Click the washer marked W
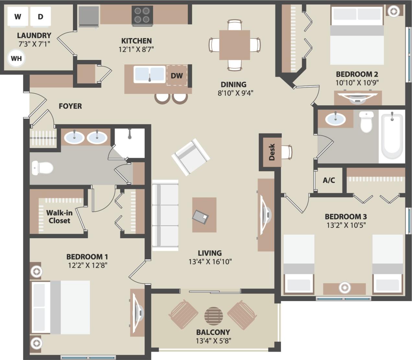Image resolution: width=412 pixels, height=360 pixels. pyautogui.click(x=18, y=17)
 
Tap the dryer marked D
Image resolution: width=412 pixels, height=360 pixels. pyautogui.click(x=41, y=17)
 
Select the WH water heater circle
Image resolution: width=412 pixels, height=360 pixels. pyautogui.click(x=16, y=58)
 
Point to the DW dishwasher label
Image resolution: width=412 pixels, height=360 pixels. pyautogui.click(x=177, y=76)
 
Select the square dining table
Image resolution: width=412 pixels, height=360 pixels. pyautogui.click(x=234, y=45)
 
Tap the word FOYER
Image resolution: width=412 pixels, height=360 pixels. pyautogui.click(x=70, y=106)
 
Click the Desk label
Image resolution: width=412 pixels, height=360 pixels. pyautogui.click(x=272, y=152)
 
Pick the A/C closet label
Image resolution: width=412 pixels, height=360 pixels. pyautogui.click(x=329, y=180)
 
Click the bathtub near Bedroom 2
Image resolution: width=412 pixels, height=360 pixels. pyautogui.click(x=392, y=136)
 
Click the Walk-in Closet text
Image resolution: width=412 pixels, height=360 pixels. pyautogui.click(x=59, y=217)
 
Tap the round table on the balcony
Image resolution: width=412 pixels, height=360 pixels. pyautogui.click(x=214, y=316)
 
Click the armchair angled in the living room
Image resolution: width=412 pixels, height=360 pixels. pyautogui.click(x=191, y=157)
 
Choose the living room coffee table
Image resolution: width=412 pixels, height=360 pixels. pyautogui.click(x=204, y=215)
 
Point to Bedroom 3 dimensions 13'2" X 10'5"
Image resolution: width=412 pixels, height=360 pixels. pyautogui.click(x=346, y=225)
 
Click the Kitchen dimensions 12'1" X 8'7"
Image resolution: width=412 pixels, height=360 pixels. pyautogui.click(x=136, y=49)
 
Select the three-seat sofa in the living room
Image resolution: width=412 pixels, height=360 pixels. pyautogui.click(x=165, y=215)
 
